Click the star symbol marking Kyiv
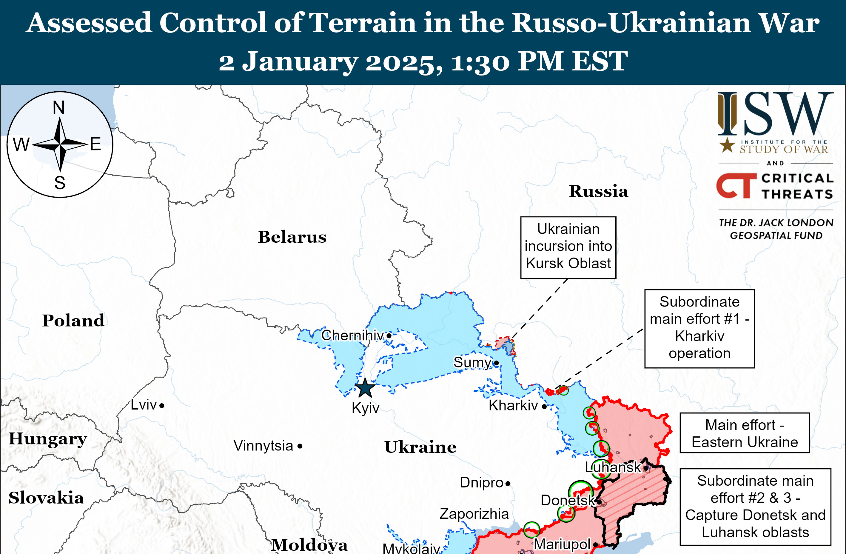tap(365, 388)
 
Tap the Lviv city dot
tap(162, 405)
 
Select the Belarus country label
tap(292, 237)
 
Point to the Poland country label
tap(73, 320)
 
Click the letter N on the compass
tap(59, 107)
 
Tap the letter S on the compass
tap(60, 183)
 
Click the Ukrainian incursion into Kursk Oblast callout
tap(568, 247)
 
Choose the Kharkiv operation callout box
tap(699, 328)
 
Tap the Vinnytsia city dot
tap(300, 446)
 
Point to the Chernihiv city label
tap(352, 335)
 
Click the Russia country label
tap(598, 191)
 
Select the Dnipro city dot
tap(508, 483)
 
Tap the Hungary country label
tap(48, 439)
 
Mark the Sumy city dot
tap(497, 363)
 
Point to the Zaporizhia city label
tap(474, 513)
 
